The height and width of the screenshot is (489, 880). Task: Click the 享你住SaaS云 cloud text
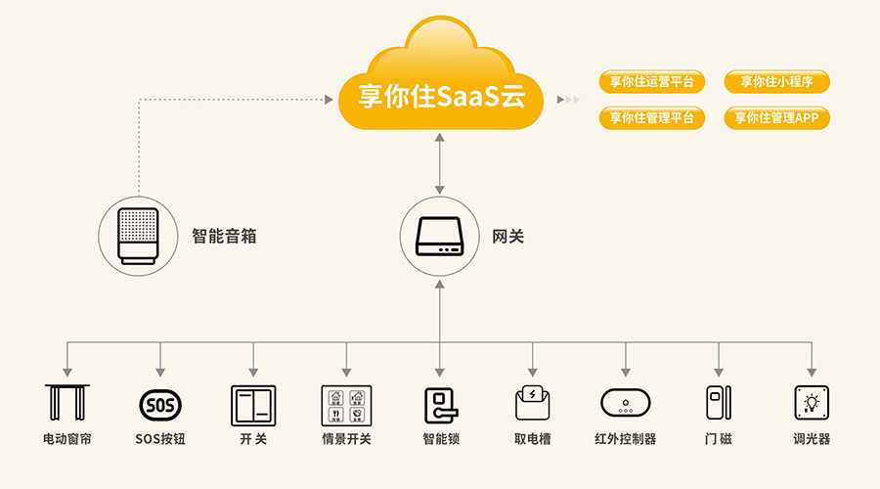click(440, 98)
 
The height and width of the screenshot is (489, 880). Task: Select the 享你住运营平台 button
click(651, 82)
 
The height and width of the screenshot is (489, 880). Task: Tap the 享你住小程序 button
click(776, 82)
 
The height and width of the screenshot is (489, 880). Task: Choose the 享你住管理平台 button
click(651, 118)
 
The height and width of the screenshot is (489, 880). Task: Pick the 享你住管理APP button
click(776, 118)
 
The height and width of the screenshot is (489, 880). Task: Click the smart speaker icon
click(138, 235)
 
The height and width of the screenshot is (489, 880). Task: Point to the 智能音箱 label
click(224, 236)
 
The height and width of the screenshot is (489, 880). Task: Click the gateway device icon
click(440, 236)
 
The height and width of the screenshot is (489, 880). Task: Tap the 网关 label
click(507, 236)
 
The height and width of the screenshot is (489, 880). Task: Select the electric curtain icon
click(67, 403)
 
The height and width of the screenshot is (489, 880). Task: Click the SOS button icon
click(159, 403)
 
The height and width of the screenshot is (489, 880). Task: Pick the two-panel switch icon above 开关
click(253, 403)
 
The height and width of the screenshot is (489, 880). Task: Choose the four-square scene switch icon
click(346, 403)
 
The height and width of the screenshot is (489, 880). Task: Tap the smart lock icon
click(440, 403)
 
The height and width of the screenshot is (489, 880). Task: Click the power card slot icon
click(533, 403)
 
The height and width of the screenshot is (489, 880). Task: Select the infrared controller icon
click(626, 403)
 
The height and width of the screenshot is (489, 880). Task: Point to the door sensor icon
click(719, 403)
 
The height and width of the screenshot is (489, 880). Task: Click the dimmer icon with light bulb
click(811, 403)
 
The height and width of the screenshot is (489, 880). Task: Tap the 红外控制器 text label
click(626, 439)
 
